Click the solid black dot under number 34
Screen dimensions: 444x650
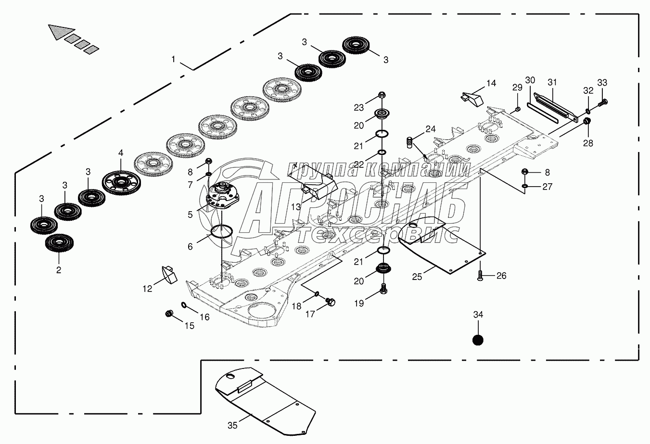(478, 340)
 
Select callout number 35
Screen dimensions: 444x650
(232, 425)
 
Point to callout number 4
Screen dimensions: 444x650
(121, 153)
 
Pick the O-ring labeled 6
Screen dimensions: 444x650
(222, 231)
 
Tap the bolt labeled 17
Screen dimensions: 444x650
(331, 302)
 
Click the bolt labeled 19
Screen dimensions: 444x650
(383, 289)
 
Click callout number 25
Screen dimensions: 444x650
(417, 277)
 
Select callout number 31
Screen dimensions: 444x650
(552, 82)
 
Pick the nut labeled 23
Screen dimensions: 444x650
(381, 95)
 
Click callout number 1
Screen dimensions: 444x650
(173, 60)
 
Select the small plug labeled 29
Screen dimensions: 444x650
(518, 110)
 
